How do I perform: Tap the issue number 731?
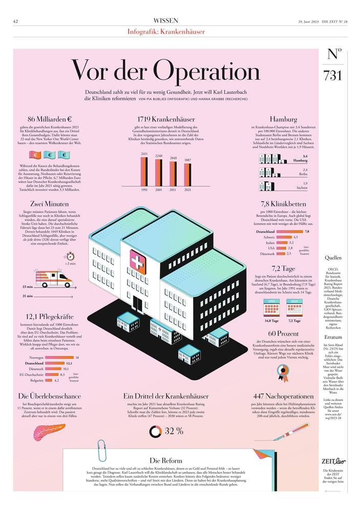pos(332,76)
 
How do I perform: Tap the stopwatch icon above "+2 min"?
pos(71,255)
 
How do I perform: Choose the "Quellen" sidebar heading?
pos(333,258)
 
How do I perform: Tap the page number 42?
pos(16,21)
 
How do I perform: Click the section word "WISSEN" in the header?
pos(166,20)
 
